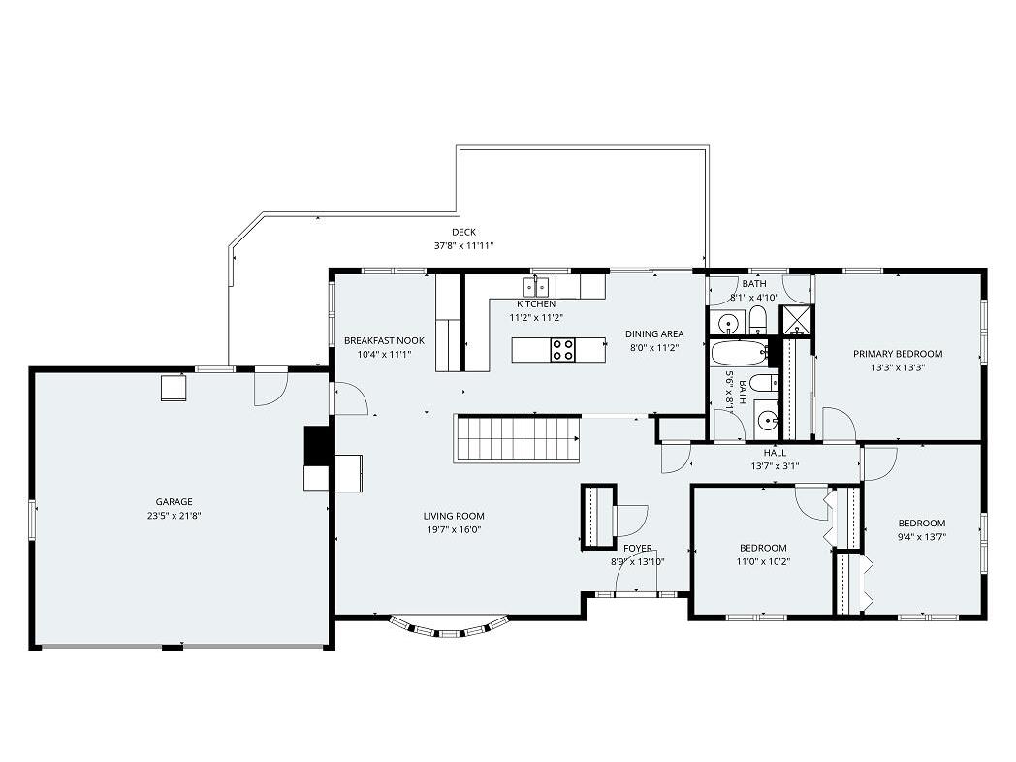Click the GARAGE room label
point(174,501)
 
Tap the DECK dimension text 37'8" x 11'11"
point(464,245)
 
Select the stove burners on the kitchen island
point(562,350)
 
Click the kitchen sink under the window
point(536,286)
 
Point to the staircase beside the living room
point(517,438)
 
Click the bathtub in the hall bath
point(740,354)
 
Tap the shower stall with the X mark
point(796,321)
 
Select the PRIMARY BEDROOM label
point(898,354)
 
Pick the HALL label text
point(775,453)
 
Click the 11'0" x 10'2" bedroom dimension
point(763,561)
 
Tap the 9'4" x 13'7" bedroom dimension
point(921,536)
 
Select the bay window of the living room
point(448,627)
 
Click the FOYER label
point(638,548)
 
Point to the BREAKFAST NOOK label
point(384,341)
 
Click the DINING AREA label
point(654,334)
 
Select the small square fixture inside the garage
point(174,388)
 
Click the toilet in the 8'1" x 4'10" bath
point(758,321)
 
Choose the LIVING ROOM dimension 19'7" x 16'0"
point(454,529)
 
